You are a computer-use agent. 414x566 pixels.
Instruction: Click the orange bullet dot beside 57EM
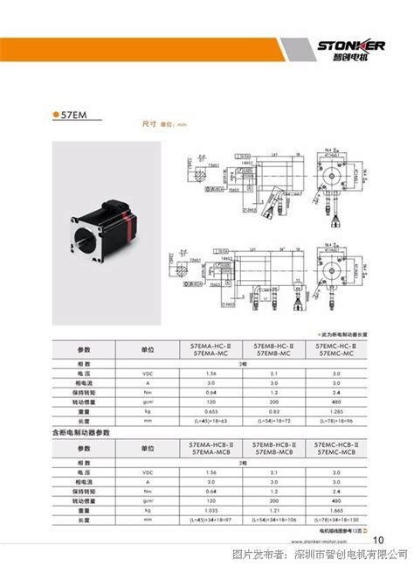pyautogui.click(x=55, y=114)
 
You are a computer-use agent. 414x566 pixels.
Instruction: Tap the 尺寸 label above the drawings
pyautogui.click(x=149, y=125)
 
